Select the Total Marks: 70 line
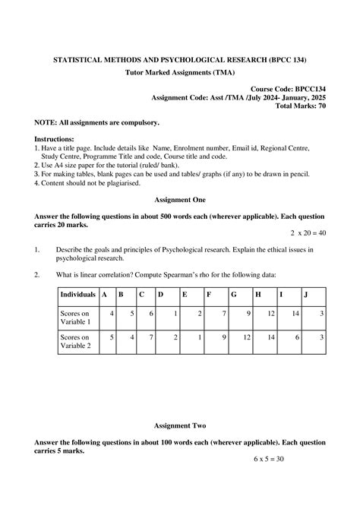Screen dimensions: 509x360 click(x=301, y=107)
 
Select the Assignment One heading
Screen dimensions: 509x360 click(x=179, y=199)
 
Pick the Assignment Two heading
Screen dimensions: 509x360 click(x=179, y=425)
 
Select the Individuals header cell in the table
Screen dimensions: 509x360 click(x=77, y=294)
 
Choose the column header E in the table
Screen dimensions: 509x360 click(x=184, y=294)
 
